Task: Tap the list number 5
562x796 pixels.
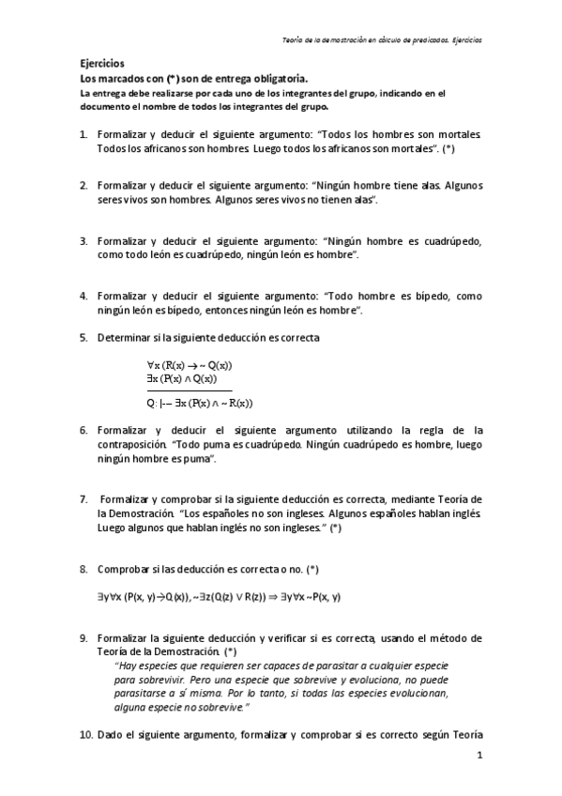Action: tap(84, 337)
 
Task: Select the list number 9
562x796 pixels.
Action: tap(84, 637)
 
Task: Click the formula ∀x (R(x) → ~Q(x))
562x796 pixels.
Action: tap(190, 366)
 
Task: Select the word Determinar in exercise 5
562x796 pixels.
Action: tap(128, 337)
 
